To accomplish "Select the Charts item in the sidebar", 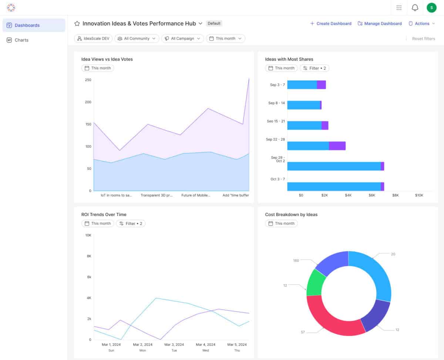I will tap(21, 40).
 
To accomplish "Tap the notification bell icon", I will tap(415, 8).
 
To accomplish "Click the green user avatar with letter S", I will tap(431, 8).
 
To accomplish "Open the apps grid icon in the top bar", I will tap(399, 8).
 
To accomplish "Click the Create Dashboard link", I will tap(331, 24).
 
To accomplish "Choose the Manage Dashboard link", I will tap(380, 24).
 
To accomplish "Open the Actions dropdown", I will tap(422, 24).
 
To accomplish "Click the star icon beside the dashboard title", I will tap(77, 24).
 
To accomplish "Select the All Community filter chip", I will tap(137, 38).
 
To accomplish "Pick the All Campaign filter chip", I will tap(182, 38).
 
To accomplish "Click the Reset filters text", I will tap(423, 38).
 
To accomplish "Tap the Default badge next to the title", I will tap(214, 23).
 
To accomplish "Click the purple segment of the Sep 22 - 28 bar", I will tap(337, 146).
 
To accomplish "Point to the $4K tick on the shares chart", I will tap(348, 195).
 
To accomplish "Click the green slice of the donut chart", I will tap(315, 282).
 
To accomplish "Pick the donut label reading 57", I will tap(303, 332).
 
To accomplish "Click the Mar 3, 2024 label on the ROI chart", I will tap(174, 344).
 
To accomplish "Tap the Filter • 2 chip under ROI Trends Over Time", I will tap(131, 223).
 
